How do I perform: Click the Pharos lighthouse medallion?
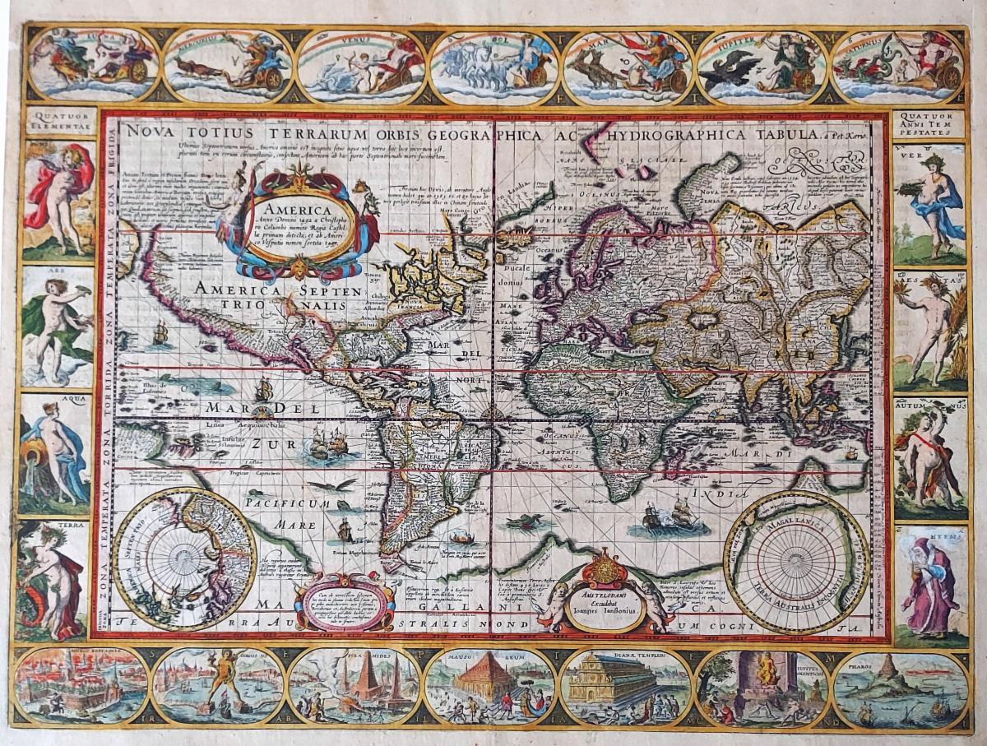point(900,688)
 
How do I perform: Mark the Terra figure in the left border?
point(53,581)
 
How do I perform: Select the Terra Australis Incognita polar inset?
point(796,563)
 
